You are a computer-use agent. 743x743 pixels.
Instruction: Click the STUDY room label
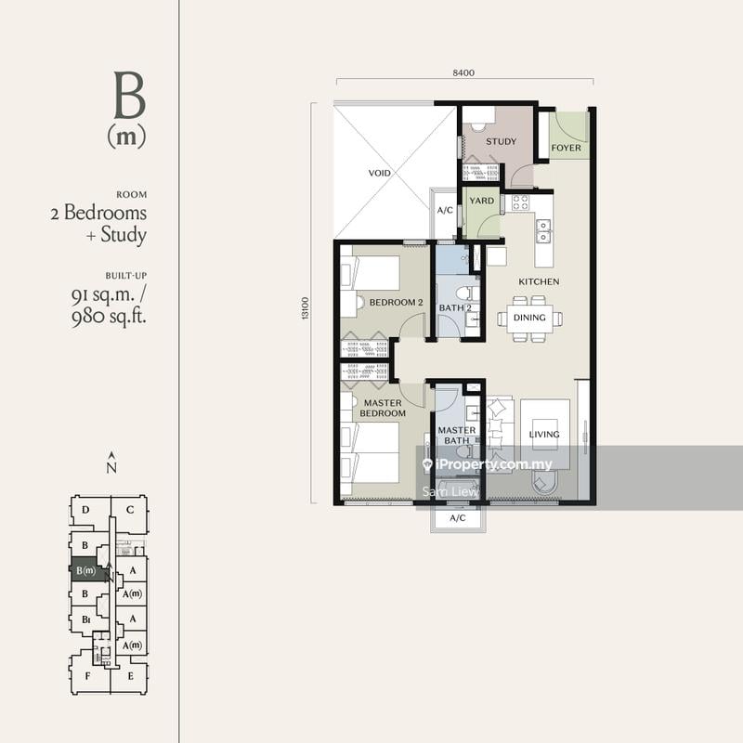(501, 141)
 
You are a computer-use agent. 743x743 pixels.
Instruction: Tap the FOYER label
(567, 148)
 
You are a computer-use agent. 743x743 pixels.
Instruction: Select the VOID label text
(380, 173)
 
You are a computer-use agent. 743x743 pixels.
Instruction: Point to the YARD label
(481, 201)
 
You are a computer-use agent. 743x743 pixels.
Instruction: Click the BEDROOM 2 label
(397, 303)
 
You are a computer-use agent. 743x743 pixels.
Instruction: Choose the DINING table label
(529, 318)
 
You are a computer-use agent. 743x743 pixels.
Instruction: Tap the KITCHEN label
(539, 281)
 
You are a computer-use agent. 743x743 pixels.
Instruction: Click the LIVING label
(544, 434)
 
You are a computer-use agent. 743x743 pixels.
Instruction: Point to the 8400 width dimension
(463, 72)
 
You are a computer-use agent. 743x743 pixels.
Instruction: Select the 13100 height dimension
(305, 308)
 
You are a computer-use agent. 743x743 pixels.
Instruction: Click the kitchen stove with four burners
(520, 202)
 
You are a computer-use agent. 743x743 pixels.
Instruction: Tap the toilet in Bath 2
(467, 293)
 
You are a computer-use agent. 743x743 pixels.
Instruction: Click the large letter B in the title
(129, 96)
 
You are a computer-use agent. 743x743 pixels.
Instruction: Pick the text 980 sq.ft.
(109, 317)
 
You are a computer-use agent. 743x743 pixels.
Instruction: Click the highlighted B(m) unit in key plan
(85, 570)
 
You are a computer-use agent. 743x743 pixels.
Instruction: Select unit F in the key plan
(87, 676)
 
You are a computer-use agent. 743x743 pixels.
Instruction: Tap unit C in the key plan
(130, 510)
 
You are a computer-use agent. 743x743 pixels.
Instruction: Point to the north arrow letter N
(111, 468)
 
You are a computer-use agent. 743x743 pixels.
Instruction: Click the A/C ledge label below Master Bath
(457, 518)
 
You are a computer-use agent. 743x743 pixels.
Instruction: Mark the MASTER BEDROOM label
(383, 408)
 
